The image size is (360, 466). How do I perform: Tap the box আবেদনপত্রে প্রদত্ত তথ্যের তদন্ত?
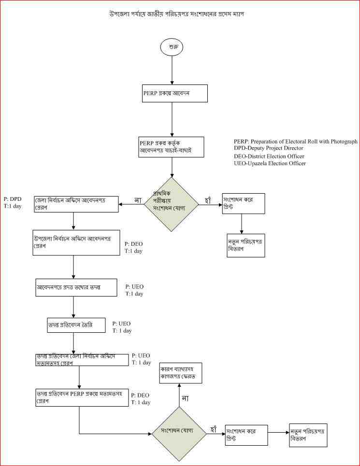click(x=76, y=287)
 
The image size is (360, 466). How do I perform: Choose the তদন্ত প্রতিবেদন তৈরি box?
click(x=73, y=325)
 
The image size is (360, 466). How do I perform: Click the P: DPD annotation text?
click(x=12, y=198)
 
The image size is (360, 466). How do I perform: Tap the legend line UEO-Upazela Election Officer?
click(x=269, y=164)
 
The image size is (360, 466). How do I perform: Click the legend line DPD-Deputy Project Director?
click(x=268, y=148)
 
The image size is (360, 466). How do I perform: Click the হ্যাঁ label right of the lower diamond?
click(x=215, y=428)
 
